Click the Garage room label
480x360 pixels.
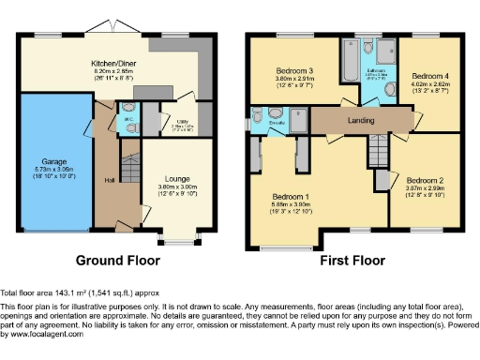point(53,162)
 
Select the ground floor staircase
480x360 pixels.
point(131,170)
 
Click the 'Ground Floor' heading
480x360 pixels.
point(117,260)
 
